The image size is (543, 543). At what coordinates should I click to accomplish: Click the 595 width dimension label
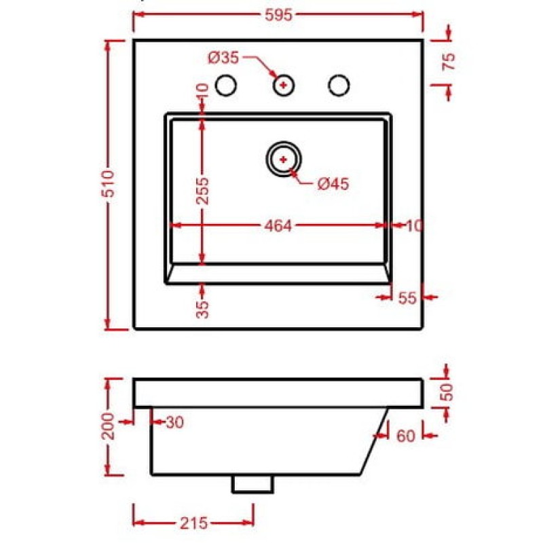279,15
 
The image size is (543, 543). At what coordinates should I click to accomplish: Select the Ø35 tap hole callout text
224,58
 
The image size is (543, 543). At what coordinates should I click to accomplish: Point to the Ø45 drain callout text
333,183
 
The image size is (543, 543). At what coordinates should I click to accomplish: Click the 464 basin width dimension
278,226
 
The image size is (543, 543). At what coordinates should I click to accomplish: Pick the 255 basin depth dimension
203,191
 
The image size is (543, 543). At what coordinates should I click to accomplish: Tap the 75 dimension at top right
449,62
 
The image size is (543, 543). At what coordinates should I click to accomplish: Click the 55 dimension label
407,297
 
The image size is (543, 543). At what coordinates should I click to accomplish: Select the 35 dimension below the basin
203,309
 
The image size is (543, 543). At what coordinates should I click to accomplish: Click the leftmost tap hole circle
226,86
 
